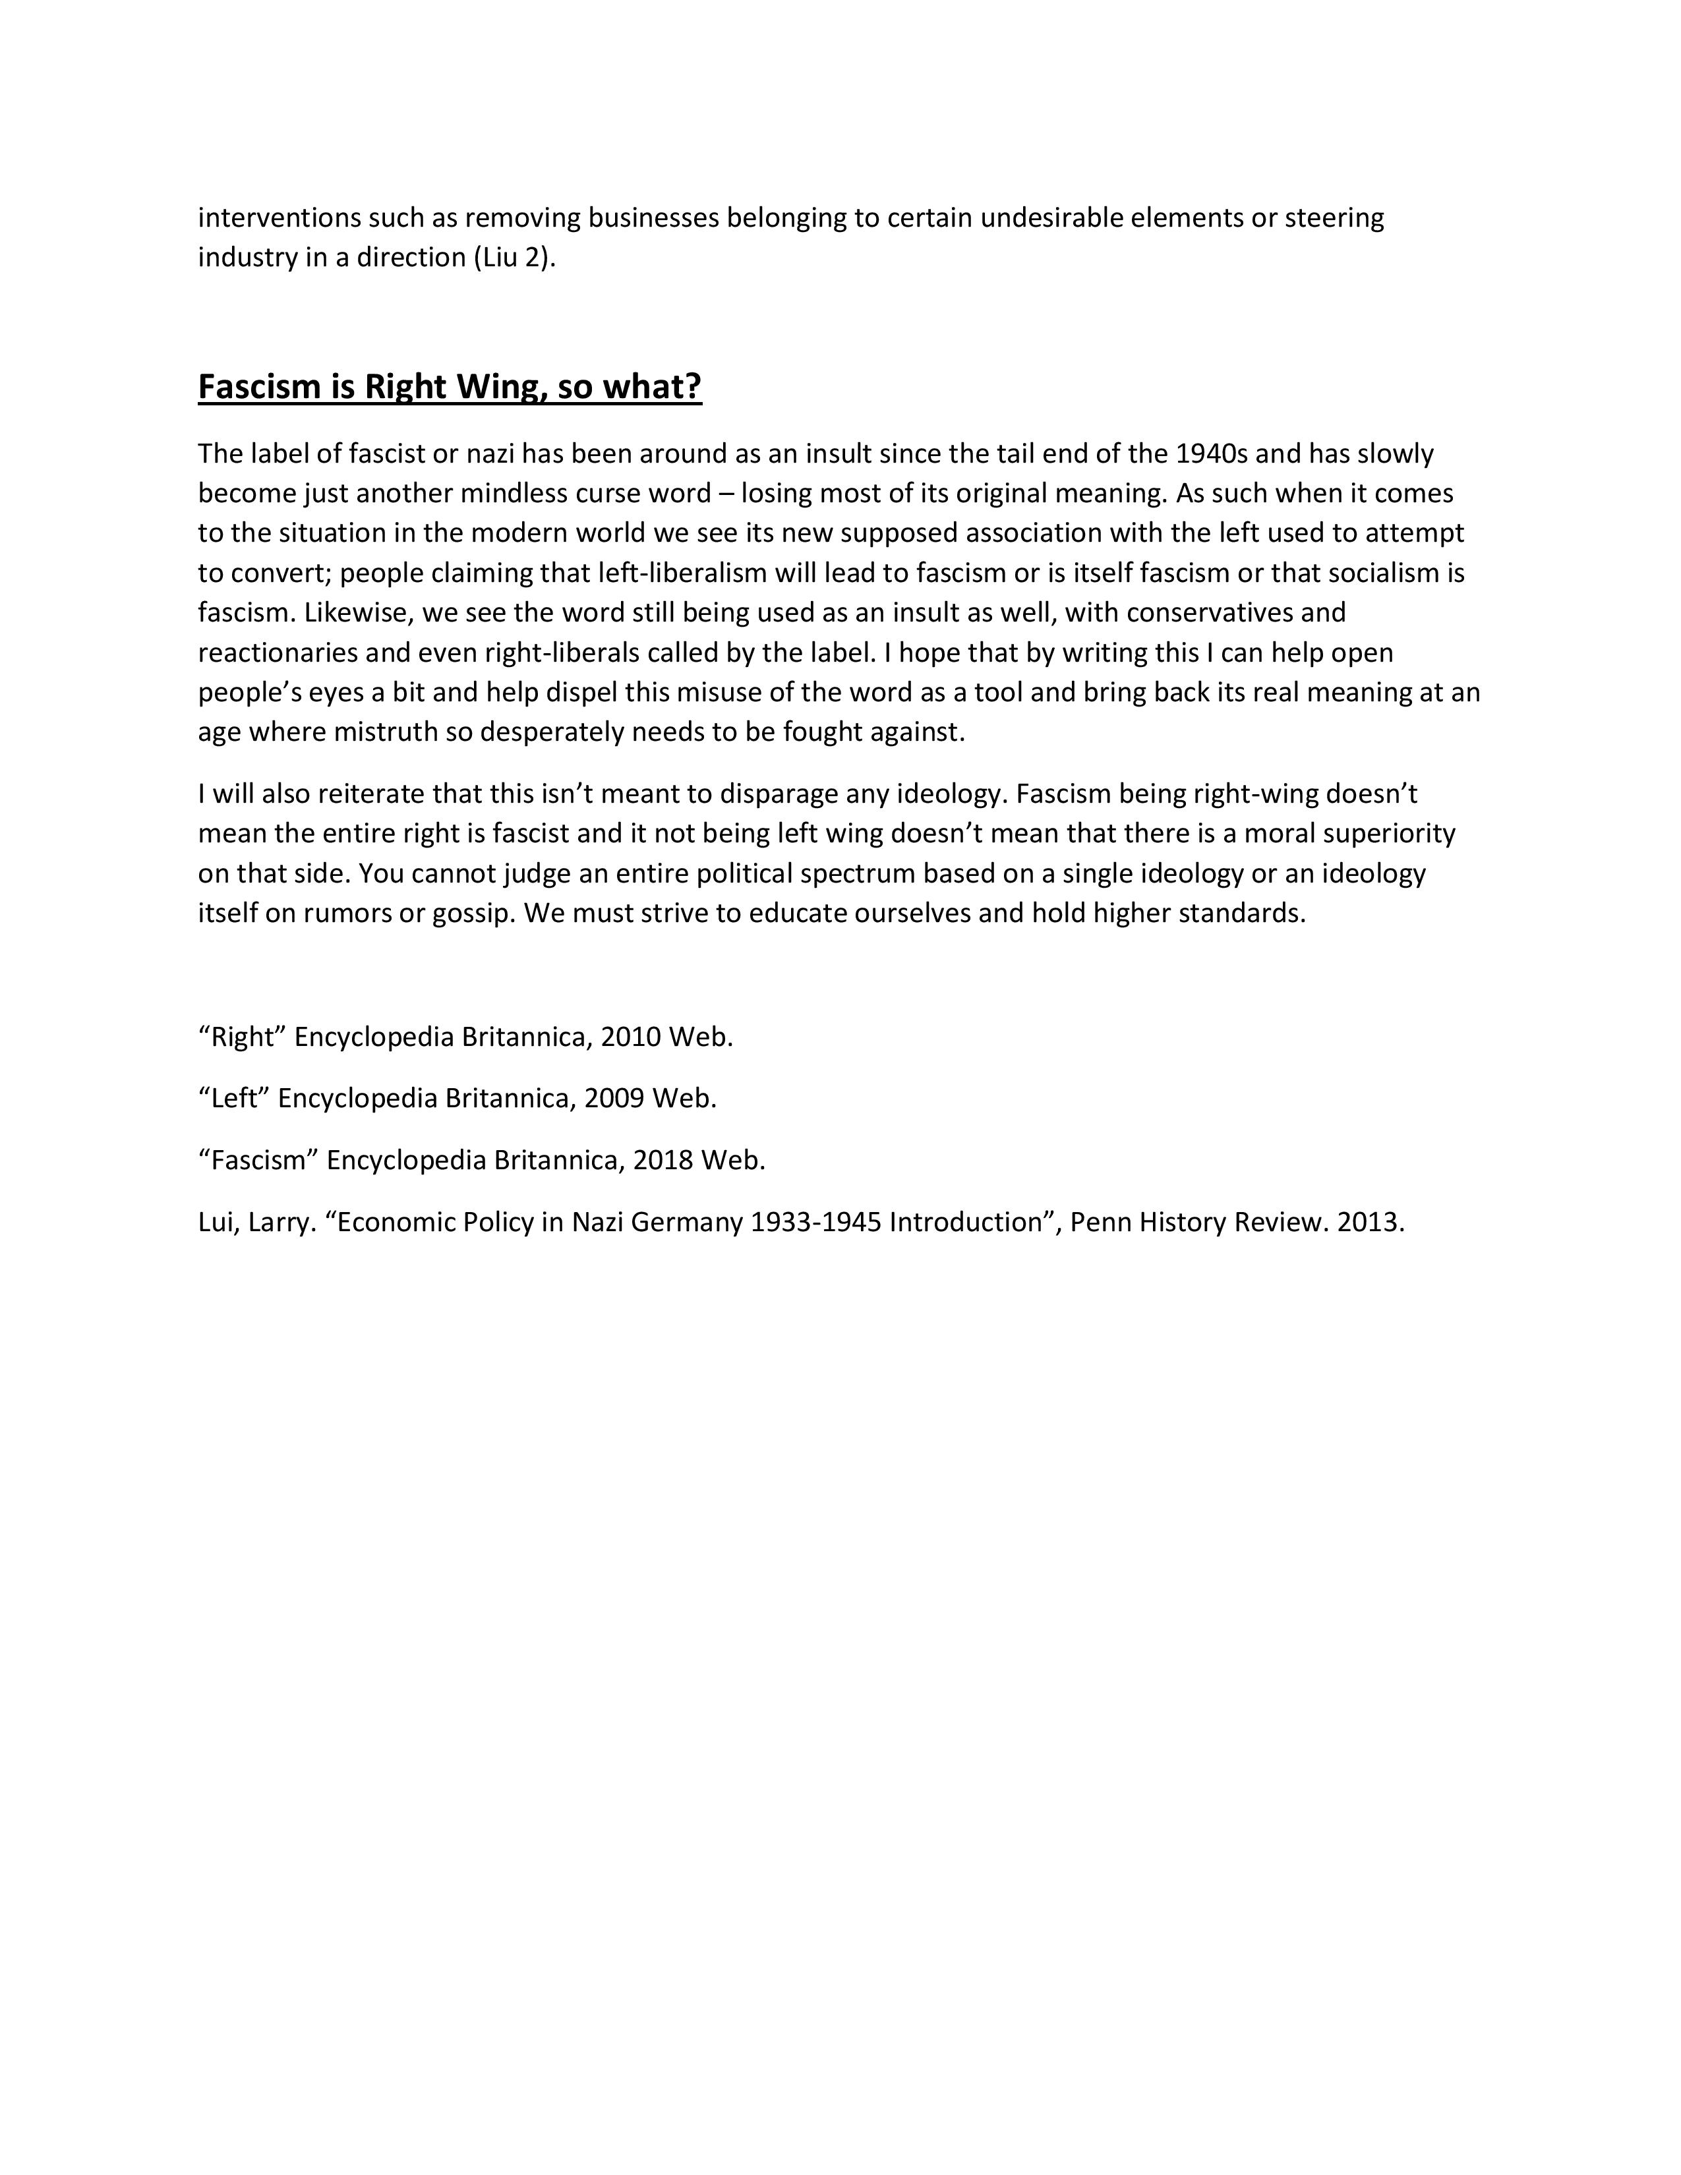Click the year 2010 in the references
pos(630,1037)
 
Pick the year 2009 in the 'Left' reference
pos(614,1099)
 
